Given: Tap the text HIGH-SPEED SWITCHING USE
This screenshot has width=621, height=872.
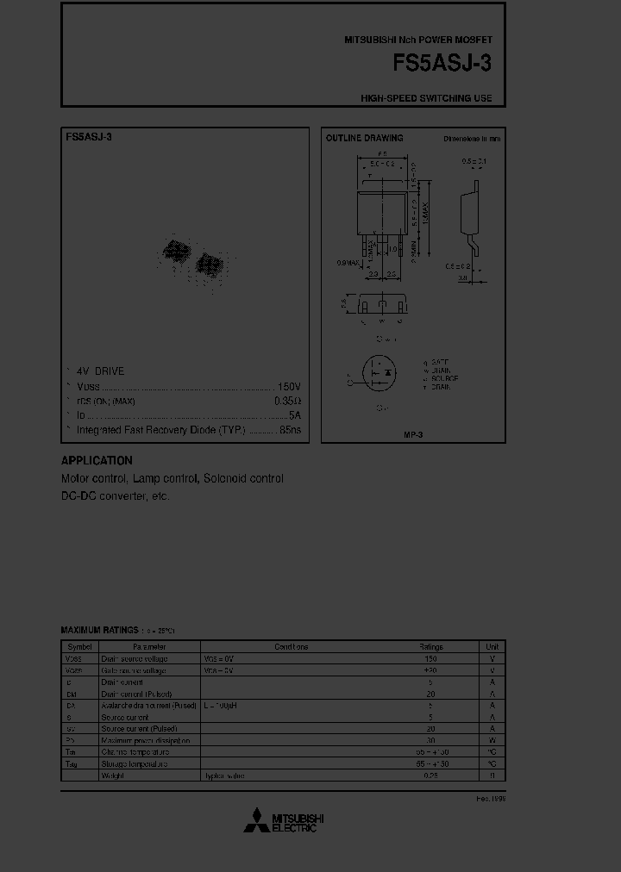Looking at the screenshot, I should (x=426, y=98).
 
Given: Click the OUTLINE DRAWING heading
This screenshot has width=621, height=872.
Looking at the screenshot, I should (x=364, y=138).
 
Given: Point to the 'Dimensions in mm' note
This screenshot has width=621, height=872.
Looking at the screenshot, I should (x=472, y=138).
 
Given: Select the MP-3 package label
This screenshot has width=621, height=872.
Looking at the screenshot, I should (x=413, y=434).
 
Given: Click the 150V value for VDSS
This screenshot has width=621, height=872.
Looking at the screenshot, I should (x=290, y=386).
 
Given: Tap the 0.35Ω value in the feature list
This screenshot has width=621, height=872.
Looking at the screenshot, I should (x=287, y=401).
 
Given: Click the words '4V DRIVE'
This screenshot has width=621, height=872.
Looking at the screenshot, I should (x=100, y=371).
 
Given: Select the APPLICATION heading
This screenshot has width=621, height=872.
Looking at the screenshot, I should (x=97, y=461).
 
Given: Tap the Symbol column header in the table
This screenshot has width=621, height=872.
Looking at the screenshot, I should (x=79, y=646).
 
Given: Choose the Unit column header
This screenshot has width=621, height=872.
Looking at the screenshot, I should (x=492, y=646).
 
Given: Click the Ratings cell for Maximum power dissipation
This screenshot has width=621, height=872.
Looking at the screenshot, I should (x=430, y=740).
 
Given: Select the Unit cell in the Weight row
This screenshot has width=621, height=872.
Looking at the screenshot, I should (x=492, y=775).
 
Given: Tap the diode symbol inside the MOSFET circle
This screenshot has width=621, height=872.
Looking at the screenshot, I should (x=389, y=372).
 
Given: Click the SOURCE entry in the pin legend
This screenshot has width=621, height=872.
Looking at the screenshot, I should (x=442, y=378).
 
